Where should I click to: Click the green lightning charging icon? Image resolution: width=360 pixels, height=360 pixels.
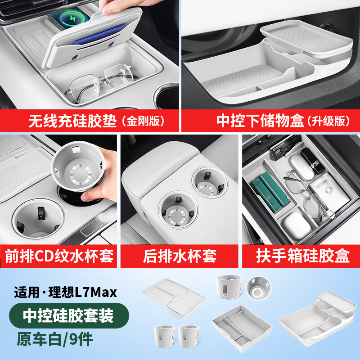click(x=72, y=18)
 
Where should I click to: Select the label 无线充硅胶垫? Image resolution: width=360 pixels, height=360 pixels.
click(x=72, y=121)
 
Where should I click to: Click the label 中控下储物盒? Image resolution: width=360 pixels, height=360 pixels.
click(x=260, y=121)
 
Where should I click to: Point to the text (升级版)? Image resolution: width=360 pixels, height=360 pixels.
click(x=329, y=121)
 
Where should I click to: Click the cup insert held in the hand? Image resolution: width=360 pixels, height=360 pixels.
click(x=78, y=166)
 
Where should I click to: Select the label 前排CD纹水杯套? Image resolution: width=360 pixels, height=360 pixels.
click(x=59, y=256)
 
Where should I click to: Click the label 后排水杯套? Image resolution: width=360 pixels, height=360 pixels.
click(x=180, y=256)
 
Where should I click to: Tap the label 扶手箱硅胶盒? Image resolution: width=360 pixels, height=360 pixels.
click(x=303, y=256)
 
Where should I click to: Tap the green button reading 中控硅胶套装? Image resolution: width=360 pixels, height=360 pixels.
click(x=69, y=315)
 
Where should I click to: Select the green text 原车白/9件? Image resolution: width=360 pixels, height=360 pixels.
click(x=54, y=339)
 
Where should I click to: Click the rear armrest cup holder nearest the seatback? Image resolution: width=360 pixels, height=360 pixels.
click(x=210, y=182)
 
